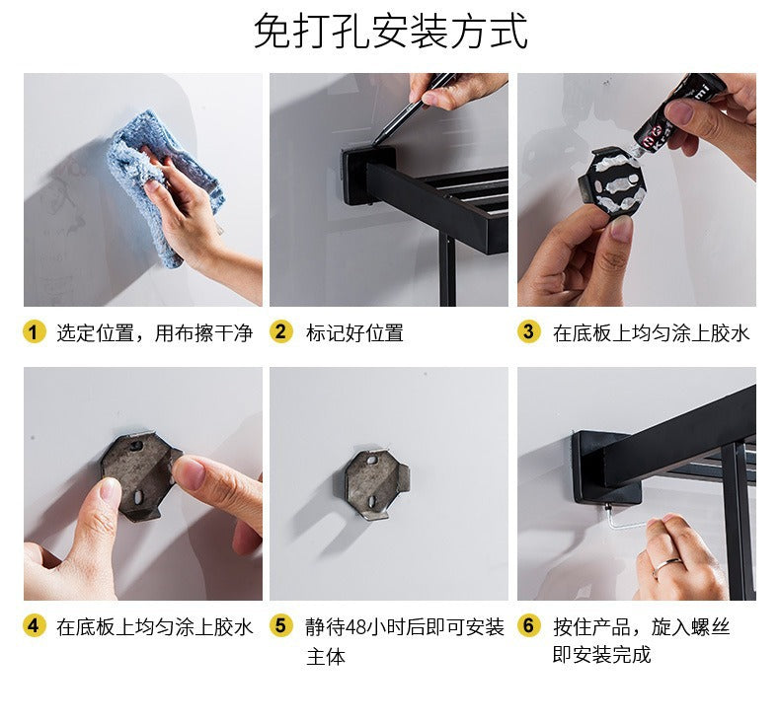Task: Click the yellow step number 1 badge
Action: click(34, 332)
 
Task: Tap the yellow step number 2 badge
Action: click(281, 332)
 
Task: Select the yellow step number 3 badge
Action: click(528, 332)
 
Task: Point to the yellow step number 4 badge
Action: click(34, 626)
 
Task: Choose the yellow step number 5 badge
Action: click(281, 626)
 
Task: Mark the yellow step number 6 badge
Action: click(528, 626)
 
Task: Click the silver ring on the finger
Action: click(667, 564)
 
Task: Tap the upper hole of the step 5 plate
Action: click(371, 462)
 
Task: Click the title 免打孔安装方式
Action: click(391, 31)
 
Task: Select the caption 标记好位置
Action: click(354, 333)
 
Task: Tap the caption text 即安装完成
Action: click(601, 655)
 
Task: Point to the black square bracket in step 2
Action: click(369, 175)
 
